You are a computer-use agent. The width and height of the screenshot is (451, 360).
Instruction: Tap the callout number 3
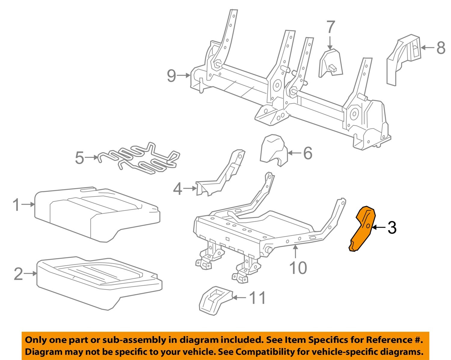[x=392, y=228]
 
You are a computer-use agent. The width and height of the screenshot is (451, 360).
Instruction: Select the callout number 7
[x=330, y=27]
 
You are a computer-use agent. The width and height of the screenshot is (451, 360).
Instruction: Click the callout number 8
[x=440, y=48]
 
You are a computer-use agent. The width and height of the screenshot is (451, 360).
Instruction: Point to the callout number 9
[x=171, y=75]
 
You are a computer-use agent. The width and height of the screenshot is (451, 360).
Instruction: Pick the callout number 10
[x=298, y=267]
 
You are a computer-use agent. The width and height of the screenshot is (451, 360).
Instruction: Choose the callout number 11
[x=258, y=298]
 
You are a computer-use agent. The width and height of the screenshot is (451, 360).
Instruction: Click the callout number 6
[x=308, y=153]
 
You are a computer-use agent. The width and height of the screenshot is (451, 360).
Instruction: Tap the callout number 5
[x=79, y=158]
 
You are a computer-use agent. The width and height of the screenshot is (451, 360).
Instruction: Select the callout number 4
[x=178, y=189]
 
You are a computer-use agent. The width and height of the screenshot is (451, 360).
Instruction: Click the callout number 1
[x=17, y=205]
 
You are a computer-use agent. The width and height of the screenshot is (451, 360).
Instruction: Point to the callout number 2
[x=18, y=274]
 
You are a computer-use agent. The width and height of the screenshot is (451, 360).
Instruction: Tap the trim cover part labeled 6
[x=273, y=149]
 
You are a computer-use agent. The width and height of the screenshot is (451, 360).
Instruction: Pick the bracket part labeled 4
[x=221, y=177]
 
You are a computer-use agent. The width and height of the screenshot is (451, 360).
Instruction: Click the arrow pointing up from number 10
[x=296, y=251]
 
